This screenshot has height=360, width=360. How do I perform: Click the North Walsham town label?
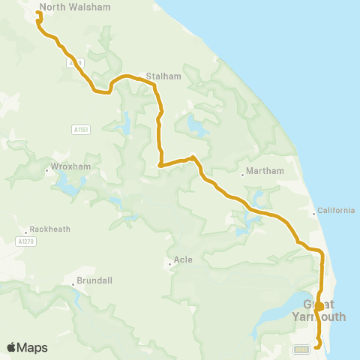pyautogui.click(x=74, y=7)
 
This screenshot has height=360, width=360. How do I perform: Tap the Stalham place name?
pyautogui.click(x=160, y=76)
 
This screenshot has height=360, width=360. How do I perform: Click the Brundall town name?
pyautogui.click(x=93, y=280)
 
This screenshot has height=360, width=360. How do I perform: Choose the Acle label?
pyautogui.click(x=183, y=259)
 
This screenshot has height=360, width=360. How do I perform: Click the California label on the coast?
pyautogui.click(x=336, y=210)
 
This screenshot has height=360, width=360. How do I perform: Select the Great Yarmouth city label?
pyautogui.click(x=325, y=310)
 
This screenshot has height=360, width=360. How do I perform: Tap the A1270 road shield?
pyautogui.click(x=25, y=241)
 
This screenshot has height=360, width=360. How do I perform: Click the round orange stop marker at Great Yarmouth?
pyautogui.click(x=319, y=306)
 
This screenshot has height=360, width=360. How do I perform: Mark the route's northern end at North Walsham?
pyautogui.click(x=38, y=13)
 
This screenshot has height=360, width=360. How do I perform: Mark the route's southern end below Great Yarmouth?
pyautogui.click(x=316, y=346)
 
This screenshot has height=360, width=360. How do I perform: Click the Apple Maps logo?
pyautogui.click(x=27, y=347)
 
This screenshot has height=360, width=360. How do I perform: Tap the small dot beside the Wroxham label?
pyautogui.click(x=46, y=170)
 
